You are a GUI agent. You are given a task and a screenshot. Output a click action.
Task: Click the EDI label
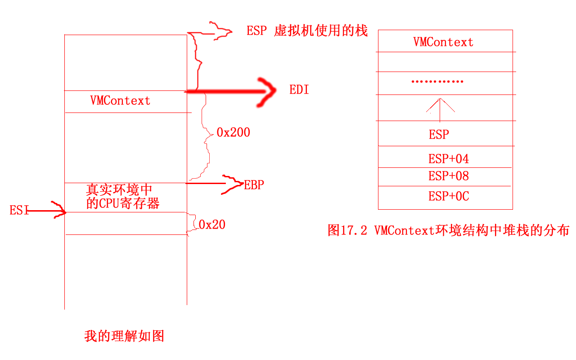coord(299,90)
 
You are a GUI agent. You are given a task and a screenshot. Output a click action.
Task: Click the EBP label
coord(254,185)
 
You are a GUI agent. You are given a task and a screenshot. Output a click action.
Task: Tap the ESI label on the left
coord(19,210)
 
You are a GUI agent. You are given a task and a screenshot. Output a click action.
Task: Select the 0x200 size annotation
coord(233,132)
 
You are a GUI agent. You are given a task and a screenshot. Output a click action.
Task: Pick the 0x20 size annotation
coord(212,224)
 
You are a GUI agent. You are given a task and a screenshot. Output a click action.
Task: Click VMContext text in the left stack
coord(120,100)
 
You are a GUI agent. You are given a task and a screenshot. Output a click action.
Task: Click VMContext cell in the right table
coord(443,42)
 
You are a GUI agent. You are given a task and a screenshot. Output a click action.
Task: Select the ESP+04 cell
coord(448,158)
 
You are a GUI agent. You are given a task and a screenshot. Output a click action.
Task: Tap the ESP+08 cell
coord(448,176)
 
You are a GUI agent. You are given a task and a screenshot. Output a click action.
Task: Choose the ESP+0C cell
coord(448,196)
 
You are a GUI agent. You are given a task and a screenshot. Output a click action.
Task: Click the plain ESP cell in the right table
coord(439,135)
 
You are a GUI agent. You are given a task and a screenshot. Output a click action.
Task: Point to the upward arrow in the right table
coord(440,108)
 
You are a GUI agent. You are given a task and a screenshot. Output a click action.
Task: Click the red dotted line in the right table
coord(437,82)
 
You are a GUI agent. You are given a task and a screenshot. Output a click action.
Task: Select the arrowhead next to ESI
coord(59,211)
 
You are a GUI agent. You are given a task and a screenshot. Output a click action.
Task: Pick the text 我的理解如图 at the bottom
coord(124,336)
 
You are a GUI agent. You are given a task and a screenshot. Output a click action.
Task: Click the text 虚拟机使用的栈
coord(320,31)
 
